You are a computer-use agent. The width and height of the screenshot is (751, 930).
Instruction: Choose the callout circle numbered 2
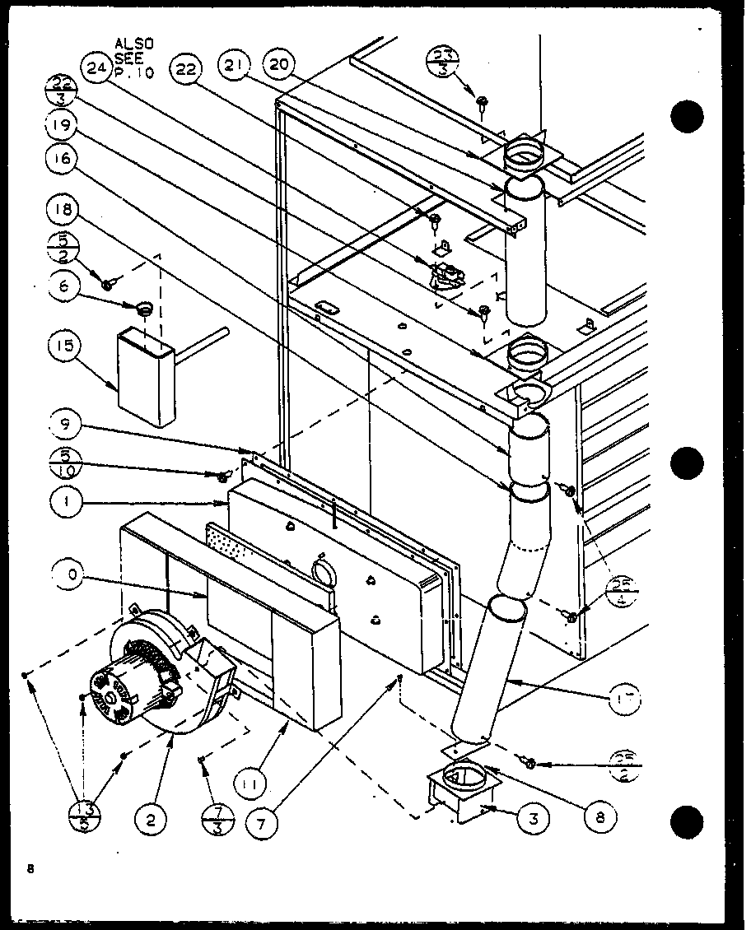pos(152,818)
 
